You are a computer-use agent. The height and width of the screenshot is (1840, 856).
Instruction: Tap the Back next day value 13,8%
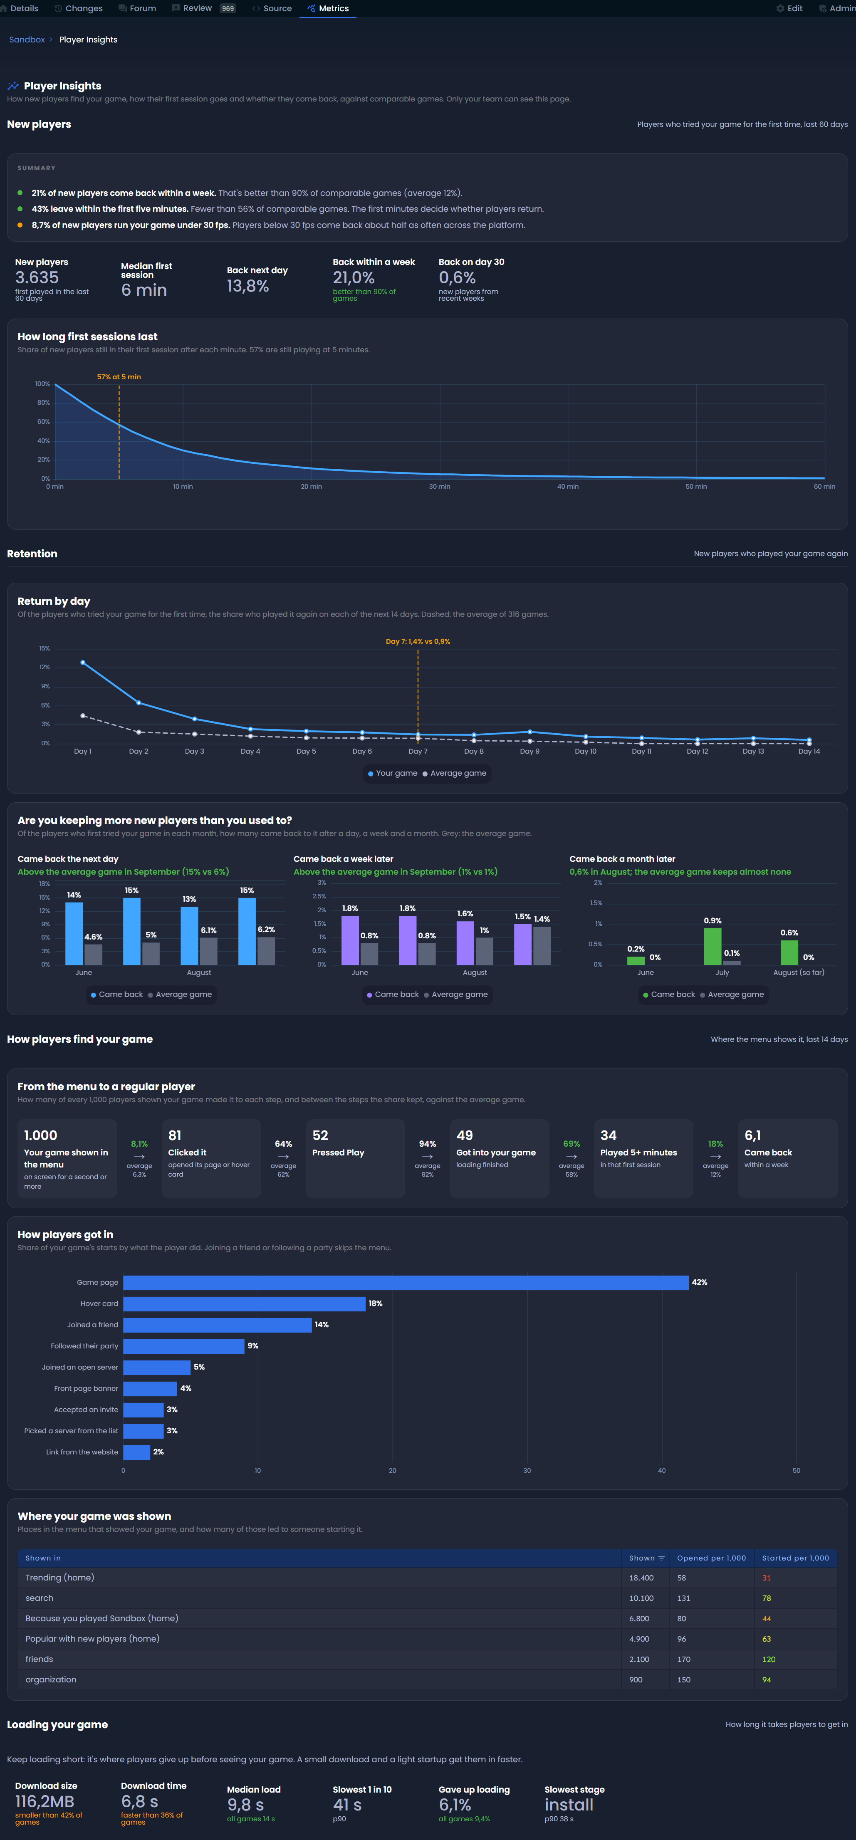click(248, 287)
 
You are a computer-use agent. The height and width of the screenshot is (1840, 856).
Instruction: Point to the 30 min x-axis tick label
click(439, 487)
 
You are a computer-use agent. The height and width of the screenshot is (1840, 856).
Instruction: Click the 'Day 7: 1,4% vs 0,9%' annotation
click(418, 641)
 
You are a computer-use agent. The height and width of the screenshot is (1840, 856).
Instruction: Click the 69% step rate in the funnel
click(571, 1144)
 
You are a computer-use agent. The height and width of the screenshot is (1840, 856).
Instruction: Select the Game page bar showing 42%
click(406, 1283)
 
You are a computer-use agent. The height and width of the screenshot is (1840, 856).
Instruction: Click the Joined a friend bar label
click(93, 1325)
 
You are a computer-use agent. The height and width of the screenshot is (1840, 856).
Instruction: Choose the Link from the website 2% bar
click(136, 1452)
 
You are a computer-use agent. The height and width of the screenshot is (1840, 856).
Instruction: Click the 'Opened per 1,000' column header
click(712, 1558)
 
